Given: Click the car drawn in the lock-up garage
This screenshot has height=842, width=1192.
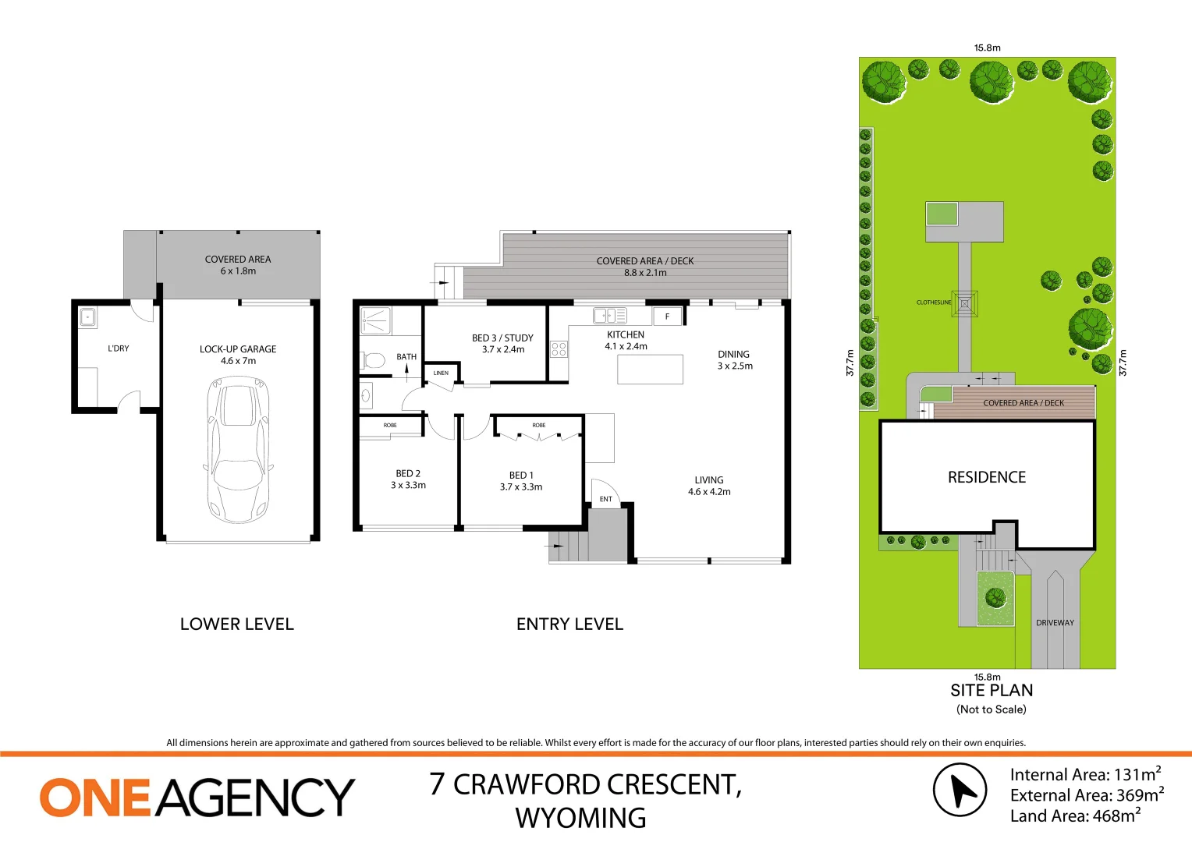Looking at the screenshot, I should (238, 450).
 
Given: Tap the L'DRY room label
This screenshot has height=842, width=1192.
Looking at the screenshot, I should (119, 348).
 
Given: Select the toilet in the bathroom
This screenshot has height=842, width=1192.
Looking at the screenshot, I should (374, 361).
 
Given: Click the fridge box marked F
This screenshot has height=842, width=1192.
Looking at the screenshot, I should (667, 316).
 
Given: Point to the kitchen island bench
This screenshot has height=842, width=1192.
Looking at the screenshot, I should (650, 370).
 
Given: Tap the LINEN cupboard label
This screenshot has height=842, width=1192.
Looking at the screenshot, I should (441, 373).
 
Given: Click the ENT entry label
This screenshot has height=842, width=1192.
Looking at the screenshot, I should (606, 499).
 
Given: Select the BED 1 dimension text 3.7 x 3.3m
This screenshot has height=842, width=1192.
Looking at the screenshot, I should (521, 487).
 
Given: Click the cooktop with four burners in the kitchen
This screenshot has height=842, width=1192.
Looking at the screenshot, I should (559, 349).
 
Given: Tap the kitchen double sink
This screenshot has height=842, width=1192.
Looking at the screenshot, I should (609, 316).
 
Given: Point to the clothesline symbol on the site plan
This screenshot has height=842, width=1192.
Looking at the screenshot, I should (965, 303).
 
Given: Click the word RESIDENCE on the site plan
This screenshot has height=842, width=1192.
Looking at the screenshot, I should (987, 477).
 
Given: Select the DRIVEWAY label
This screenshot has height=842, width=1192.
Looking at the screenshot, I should (1055, 623).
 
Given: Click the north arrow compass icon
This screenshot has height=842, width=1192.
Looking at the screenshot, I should (960, 791).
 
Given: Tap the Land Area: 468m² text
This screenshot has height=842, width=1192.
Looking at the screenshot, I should (1075, 816).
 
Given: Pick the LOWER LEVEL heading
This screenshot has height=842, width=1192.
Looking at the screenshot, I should (237, 624).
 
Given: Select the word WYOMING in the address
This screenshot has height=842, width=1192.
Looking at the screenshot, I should (580, 819).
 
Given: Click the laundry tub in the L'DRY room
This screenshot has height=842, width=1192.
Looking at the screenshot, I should (87, 317).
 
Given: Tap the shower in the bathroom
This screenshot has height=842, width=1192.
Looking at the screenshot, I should (375, 320).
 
